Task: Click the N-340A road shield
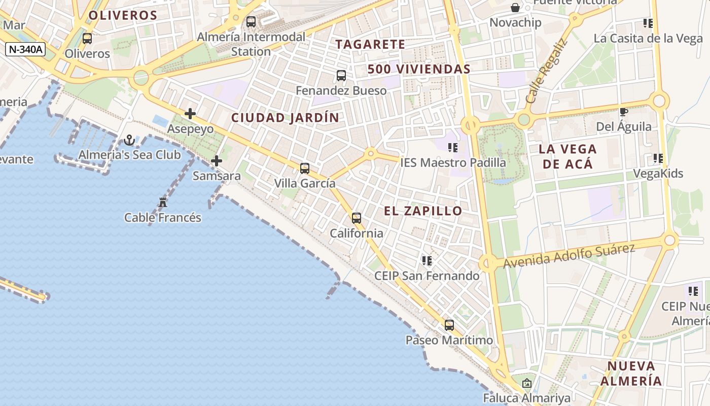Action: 25,49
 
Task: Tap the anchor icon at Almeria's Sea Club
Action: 129,140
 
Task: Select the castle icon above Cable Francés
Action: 163,202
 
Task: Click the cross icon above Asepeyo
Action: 190,114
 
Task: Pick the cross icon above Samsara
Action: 217,161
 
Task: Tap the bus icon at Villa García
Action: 304,168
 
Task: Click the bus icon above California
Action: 357,218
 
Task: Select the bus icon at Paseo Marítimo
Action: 449,325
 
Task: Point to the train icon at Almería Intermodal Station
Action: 251,22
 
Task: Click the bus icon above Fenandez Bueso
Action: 341,76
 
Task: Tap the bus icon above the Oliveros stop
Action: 87,39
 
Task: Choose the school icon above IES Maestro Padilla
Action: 453,148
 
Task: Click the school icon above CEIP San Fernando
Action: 427,261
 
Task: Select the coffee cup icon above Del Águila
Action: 623,112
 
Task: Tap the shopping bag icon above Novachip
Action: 515,8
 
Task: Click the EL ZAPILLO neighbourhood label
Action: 423,211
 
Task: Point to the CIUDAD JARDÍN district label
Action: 285,118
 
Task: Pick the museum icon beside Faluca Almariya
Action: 526,383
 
